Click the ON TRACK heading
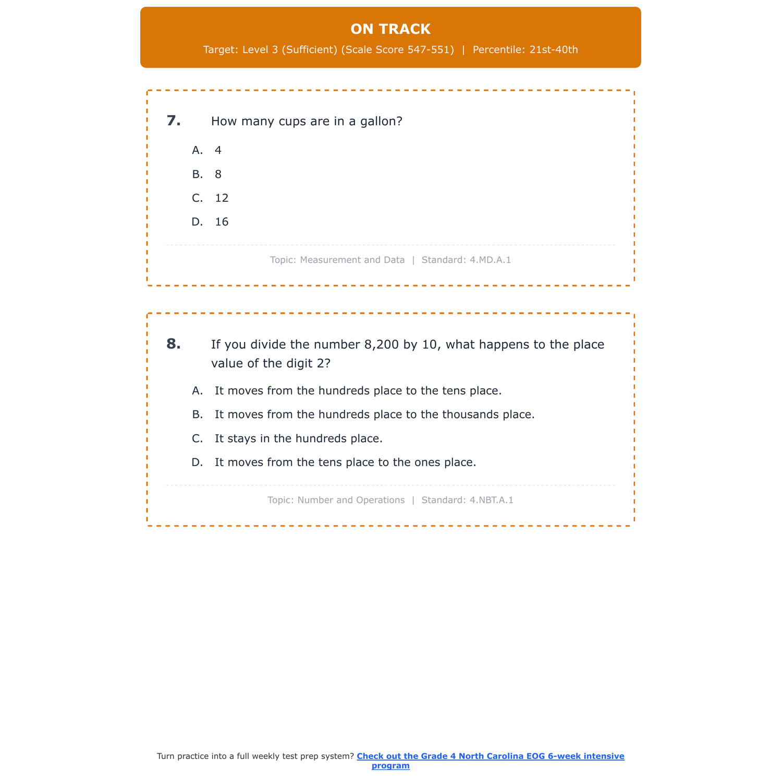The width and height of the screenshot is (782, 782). click(390, 29)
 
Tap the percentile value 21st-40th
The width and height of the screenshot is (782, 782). click(554, 50)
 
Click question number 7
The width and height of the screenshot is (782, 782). click(174, 121)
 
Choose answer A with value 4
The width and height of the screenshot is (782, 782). click(218, 151)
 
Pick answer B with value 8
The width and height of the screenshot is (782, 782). click(218, 175)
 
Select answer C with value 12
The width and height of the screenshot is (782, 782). click(222, 198)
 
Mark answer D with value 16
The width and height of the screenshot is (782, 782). click(222, 222)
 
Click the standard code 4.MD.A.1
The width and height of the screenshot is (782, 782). click(490, 260)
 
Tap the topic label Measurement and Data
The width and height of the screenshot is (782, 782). click(352, 260)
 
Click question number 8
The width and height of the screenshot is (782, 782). click(174, 344)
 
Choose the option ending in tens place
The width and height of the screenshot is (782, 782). click(358, 391)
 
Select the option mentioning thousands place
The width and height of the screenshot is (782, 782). click(374, 415)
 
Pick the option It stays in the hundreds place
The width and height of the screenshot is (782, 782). click(298, 439)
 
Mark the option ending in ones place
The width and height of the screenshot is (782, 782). click(345, 462)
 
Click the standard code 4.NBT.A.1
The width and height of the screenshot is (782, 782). click(491, 500)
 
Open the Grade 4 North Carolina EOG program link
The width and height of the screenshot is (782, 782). click(490, 756)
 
